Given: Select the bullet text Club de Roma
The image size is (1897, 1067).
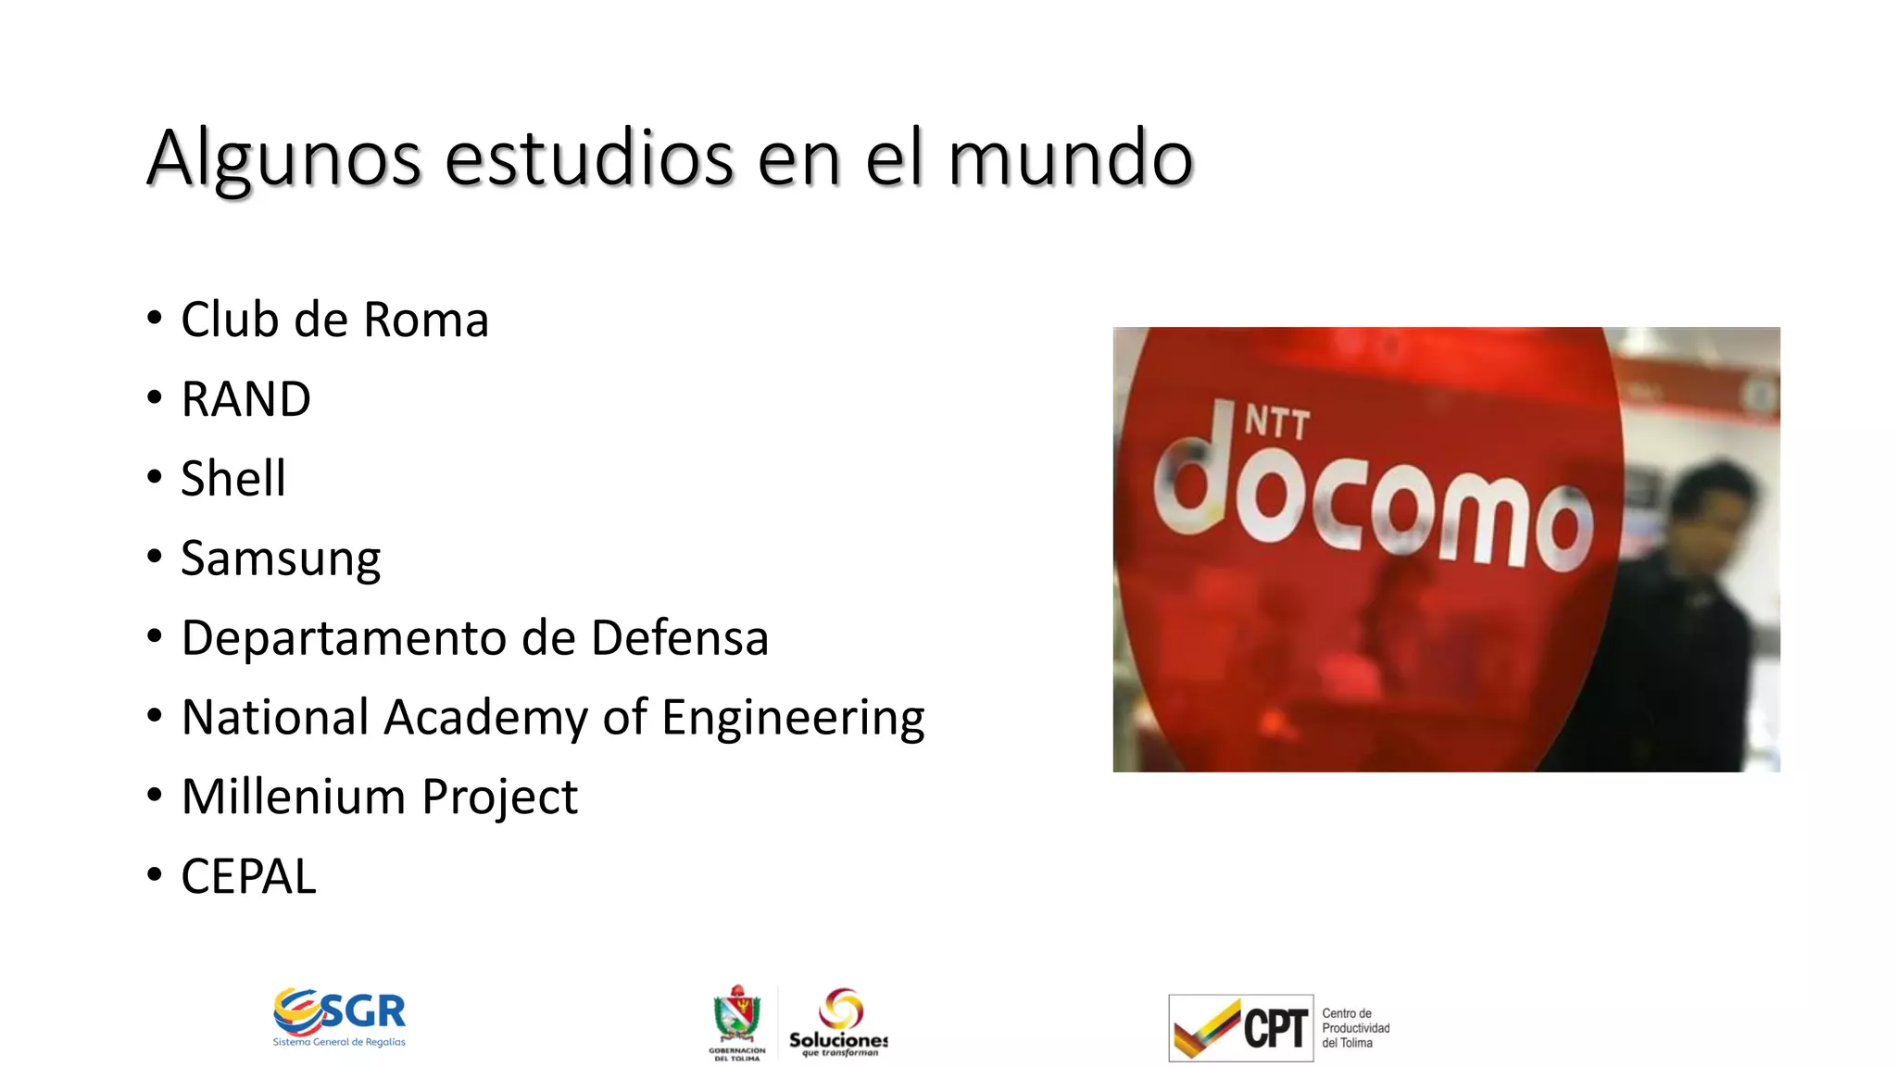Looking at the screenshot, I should coord(334,320).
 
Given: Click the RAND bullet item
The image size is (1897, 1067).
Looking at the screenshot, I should coord(245,399).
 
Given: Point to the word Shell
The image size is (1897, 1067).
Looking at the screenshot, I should coord(233,479).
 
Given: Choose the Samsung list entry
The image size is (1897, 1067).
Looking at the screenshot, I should coord(281,559).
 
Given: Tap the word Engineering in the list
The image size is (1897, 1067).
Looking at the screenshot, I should coord(793,718).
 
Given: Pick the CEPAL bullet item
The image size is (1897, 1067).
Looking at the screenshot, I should coord(248,876).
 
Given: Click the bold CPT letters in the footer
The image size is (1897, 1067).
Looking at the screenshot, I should coord(1275,1028).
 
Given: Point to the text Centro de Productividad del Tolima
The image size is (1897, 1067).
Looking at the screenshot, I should coord(1355,1028).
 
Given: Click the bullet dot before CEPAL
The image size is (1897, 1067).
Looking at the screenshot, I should coord(155,873).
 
